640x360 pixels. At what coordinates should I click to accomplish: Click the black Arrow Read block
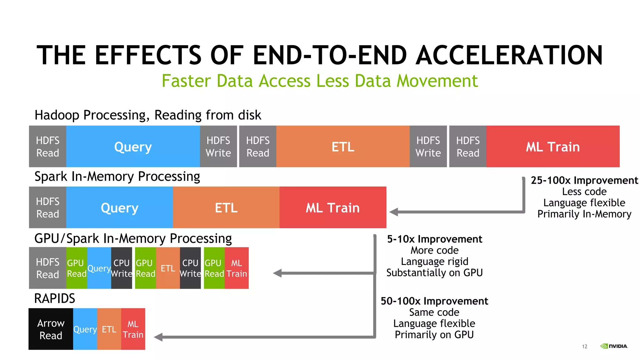(51, 329)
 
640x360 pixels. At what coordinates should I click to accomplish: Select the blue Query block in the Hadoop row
(133, 147)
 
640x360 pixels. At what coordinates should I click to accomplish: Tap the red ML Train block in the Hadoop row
(553, 147)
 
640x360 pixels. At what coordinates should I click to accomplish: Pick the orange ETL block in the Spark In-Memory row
(226, 207)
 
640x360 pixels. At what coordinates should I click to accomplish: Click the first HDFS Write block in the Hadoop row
(218, 147)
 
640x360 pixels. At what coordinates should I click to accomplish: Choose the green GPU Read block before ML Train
(214, 268)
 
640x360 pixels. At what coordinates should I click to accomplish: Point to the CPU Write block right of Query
(122, 268)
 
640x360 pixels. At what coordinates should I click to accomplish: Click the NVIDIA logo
(614, 346)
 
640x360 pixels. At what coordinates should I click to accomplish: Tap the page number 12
(585, 347)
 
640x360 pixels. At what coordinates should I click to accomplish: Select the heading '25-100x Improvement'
(584, 180)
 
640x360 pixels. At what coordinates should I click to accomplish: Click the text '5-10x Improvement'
(434, 239)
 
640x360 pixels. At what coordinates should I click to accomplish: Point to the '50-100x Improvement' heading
(434, 301)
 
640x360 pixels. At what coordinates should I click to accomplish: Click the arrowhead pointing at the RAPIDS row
(158, 337)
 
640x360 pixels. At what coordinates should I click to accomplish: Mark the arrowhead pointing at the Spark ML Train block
(394, 212)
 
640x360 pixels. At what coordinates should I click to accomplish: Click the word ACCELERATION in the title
(509, 55)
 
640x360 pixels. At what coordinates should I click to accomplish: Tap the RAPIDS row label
(55, 298)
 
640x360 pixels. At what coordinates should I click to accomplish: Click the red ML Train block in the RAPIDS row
(133, 329)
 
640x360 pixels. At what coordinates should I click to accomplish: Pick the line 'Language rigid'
(434, 262)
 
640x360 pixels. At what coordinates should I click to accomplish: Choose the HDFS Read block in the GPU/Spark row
(47, 268)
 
